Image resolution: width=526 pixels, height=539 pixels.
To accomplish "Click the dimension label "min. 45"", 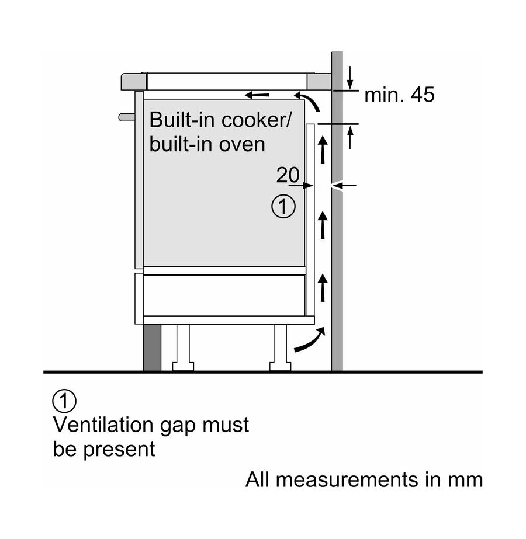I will [400, 95].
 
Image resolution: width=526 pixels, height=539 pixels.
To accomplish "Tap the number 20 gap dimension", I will [288, 175].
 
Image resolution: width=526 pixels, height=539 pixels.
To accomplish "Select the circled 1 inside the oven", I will [284, 207].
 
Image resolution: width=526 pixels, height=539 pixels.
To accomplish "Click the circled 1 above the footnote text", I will [64, 401].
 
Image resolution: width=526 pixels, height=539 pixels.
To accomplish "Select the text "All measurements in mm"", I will [364, 480].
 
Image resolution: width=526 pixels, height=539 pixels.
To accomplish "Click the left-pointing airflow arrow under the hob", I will [257, 95].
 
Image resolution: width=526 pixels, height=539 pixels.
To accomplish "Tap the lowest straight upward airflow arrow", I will [322, 287].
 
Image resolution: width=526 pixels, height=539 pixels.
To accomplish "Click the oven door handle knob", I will [126, 117].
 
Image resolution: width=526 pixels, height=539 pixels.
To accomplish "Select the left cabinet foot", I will [183, 349].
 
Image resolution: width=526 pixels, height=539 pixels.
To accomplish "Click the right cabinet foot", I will [279, 349].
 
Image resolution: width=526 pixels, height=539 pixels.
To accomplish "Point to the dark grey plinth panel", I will [152, 347].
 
